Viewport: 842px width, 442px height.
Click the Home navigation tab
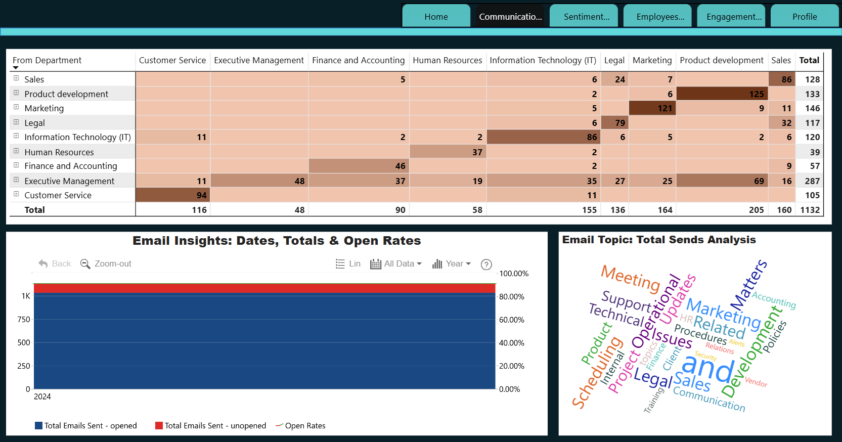[436, 17]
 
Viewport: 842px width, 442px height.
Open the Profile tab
[805, 17]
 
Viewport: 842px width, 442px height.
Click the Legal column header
[614, 60]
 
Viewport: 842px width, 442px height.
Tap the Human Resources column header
[448, 60]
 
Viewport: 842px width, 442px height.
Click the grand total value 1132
[810, 210]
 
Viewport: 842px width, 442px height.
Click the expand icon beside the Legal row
[16, 122]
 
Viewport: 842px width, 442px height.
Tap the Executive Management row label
[69, 181]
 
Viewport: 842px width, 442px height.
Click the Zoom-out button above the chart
[106, 264]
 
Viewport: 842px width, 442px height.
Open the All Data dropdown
[396, 264]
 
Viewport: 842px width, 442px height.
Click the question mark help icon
[486, 264]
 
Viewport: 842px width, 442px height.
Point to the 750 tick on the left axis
[24, 320]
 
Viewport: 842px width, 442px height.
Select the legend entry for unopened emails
[210, 425]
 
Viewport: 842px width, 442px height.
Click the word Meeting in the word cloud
[631, 279]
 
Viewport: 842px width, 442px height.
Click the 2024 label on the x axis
[42, 396]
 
